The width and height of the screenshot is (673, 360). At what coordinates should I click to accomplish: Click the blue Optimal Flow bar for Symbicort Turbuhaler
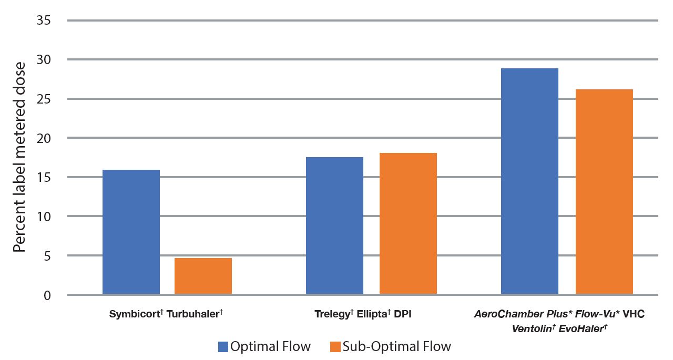tap(131, 232)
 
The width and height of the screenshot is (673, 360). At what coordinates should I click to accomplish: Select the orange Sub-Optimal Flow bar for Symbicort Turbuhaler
tap(203, 276)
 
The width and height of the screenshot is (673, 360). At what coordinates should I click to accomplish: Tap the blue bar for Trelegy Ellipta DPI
tap(334, 226)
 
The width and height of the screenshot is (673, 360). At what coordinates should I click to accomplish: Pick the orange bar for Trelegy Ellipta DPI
tap(408, 224)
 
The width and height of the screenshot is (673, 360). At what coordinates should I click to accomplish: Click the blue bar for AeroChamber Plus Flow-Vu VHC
tap(529, 181)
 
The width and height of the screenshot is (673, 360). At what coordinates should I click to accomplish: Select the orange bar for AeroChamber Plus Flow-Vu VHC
tap(604, 192)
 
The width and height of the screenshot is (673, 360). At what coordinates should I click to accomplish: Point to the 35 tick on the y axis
tap(44, 21)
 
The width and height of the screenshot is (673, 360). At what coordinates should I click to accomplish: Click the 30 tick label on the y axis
tap(44, 60)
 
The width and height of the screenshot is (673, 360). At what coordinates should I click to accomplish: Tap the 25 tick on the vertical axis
tap(44, 99)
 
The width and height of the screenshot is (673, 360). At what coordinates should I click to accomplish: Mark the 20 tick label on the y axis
tap(44, 138)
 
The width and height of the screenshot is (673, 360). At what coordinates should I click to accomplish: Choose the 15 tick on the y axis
tap(44, 178)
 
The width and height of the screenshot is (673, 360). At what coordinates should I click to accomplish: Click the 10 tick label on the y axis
tap(44, 217)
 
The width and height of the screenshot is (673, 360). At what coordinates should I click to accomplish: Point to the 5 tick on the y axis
tap(47, 256)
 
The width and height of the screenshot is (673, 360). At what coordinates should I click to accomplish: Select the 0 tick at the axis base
tap(47, 295)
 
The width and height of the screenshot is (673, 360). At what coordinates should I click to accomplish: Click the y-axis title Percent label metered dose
tap(19, 157)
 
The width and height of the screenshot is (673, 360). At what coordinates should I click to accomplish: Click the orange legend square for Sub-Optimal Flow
tap(335, 347)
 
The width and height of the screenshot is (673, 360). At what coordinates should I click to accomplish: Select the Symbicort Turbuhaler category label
tap(167, 314)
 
